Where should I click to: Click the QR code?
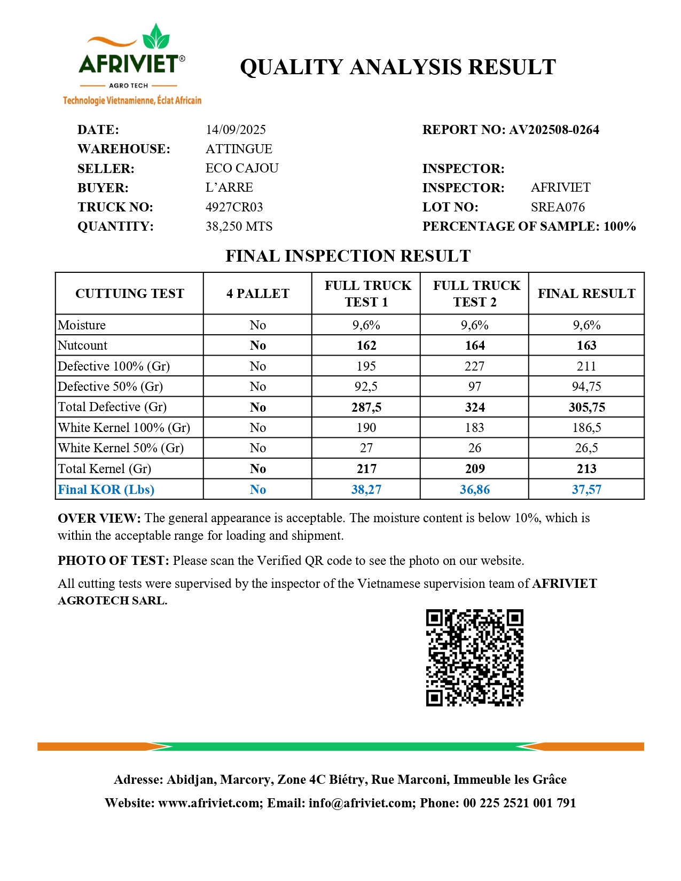(x=474, y=657)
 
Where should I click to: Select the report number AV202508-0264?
(x=554, y=130)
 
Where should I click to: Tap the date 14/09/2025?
(x=236, y=130)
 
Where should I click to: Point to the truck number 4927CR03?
(x=234, y=207)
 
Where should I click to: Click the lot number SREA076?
(x=558, y=207)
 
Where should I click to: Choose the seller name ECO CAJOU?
(x=242, y=168)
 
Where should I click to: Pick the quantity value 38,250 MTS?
(x=239, y=226)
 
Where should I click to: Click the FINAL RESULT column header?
(x=586, y=294)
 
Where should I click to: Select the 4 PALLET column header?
(x=257, y=294)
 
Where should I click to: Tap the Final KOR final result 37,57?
(x=586, y=490)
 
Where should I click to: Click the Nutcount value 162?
(x=366, y=345)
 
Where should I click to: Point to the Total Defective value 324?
(x=475, y=407)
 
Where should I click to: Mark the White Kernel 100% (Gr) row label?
(x=124, y=428)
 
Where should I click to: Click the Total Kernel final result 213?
(x=586, y=469)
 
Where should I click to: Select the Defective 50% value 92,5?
(x=366, y=387)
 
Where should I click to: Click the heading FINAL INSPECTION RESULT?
(x=348, y=256)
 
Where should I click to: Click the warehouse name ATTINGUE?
(x=239, y=149)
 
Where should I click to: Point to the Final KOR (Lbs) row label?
(x=106, y=490)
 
